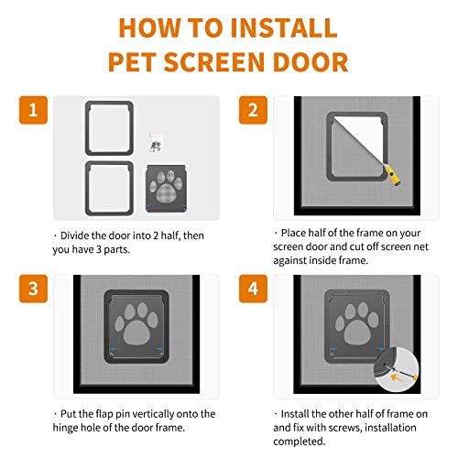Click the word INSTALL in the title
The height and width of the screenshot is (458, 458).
tap(279, 28)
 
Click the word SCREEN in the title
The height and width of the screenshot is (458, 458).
tap(225, 62)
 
